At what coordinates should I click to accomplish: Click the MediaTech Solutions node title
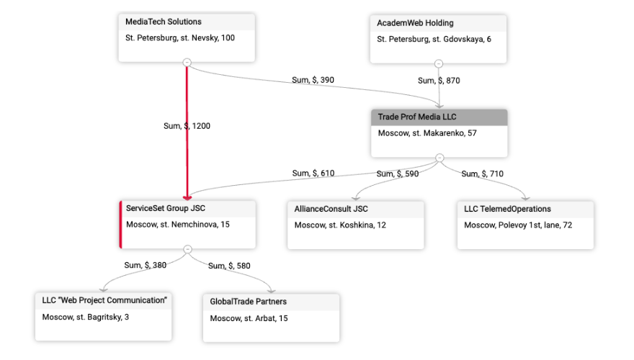click(x=164, y=22)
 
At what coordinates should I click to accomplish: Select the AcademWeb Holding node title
click(x=415, y=23)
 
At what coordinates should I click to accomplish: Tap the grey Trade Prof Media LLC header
click(x=439, y=117)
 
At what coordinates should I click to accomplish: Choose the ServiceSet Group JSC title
click(x=166, y=209)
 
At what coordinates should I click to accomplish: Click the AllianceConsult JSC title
click(x=331, y=209)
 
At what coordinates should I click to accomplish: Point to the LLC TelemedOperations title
click(x=507, y=209)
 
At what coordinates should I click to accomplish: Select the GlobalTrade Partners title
click(x=249, y=302)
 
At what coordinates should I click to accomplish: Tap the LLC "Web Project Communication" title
click(x=104, y=301)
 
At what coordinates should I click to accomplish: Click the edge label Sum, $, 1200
click(x=187, y=126)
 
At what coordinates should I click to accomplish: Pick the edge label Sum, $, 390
click(x=313, y=80)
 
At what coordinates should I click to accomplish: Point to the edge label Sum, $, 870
click(x=439, y=81)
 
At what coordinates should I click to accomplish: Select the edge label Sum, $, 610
click(x=313, y=174)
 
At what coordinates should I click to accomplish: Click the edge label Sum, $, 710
click(x=483, y=174)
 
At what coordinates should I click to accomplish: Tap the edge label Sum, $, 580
click(x=229, y=266)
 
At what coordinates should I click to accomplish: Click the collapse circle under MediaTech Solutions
click(x=187, y=63)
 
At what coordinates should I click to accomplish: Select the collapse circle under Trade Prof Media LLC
click(x=439, y=158)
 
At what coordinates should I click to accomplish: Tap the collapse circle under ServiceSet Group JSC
click(x=187, y=249)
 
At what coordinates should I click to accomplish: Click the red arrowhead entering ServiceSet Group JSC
click(x=187, y=198)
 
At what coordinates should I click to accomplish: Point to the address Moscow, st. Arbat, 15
click(x=249, y=318)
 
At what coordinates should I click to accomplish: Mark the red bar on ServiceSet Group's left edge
click(x=120, y=225)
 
